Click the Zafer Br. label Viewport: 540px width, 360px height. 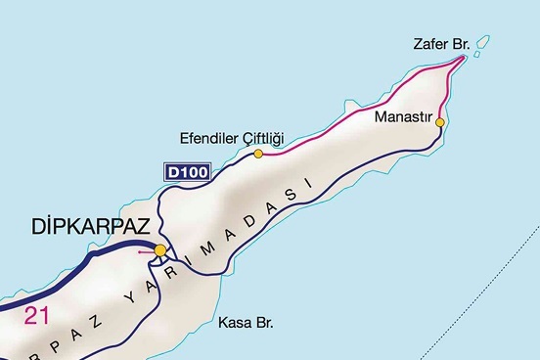[443, 44]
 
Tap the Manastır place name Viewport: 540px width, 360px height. [402, 115]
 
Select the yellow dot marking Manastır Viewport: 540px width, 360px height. [440, 122]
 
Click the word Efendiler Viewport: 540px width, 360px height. [209, 137]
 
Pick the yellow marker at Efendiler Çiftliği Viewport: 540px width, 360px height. [258, 154]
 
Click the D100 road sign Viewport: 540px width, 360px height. [186, 172]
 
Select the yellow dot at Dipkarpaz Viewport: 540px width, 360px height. [160, 249]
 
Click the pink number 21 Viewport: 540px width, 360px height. [36, 315]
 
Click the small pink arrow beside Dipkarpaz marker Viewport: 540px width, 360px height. [145, 251]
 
